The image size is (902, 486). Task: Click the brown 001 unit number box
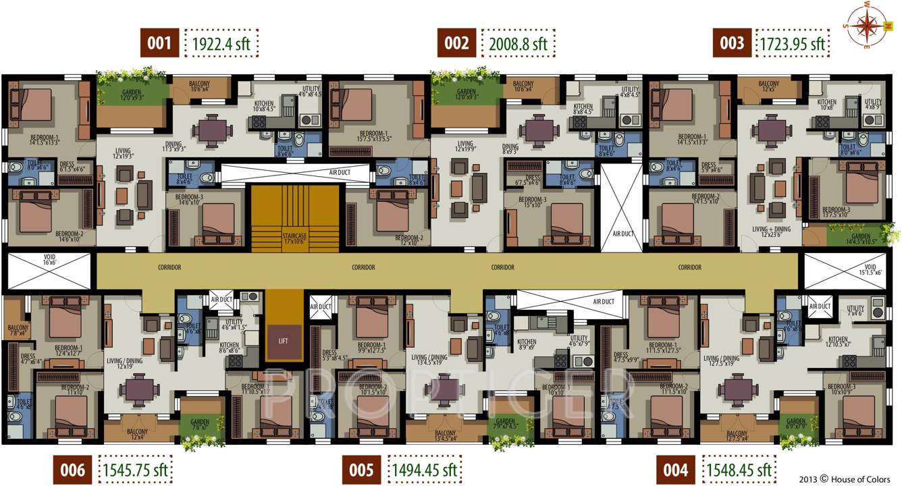pyautogui.click(x=159, y=43)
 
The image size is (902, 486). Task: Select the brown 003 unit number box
pyautogui.click(x=732, y=43)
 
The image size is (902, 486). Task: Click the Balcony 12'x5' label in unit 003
pyautogui.click(x=768, y=86)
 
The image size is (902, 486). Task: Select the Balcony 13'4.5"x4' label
pyautogui.click(x=445, y=435)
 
